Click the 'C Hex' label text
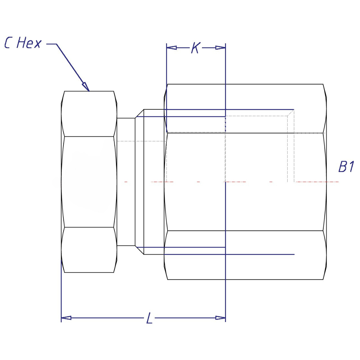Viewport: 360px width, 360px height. click(x=23, y=43)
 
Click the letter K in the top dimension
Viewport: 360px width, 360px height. click(x=195, y=48)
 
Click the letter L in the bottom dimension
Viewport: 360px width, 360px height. click(x=150, y=318)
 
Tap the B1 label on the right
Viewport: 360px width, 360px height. click(x=346, y=167)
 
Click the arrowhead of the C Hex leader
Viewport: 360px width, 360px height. click(x=86, y=86)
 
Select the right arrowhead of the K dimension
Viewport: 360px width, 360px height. click(x=221, y=48)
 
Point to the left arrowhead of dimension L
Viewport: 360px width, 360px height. click(x=66, y=318)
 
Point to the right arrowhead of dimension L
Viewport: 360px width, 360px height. click(x=221, y=318)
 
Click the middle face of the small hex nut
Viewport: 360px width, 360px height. click(x=89, y=182)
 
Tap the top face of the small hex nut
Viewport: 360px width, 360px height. click(x=89, y=114)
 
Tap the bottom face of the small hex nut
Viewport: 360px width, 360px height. click(x=89, y=250)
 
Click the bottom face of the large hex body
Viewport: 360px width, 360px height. click(x=245, y=255)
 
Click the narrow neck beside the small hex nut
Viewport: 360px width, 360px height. click(x=126, y=182)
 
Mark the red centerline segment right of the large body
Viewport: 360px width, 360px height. click(x=317, y=182)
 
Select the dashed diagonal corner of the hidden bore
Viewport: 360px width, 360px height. click(x=291, y=113)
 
